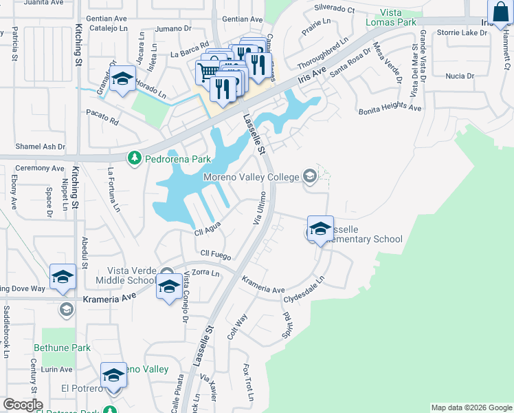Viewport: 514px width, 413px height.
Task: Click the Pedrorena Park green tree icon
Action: tap(135, 159)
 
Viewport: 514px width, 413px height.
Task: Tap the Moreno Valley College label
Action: tap(252, 178)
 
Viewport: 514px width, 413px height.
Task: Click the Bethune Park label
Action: tap(66, 348)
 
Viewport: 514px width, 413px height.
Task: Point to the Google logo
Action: tap(23, 405)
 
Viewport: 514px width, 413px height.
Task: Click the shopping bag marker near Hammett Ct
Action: tap(500, 13)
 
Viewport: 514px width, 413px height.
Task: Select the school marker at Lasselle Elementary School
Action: tap(320, 229)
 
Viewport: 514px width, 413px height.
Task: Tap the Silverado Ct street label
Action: tap(334, 10)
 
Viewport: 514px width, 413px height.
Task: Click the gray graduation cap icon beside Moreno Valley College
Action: tap(309, 177)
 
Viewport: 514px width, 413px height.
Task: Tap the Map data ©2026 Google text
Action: tap(471, 407)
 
